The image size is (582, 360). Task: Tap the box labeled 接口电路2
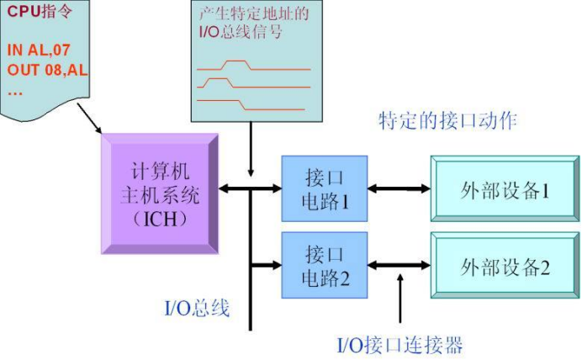[x=325, y=266]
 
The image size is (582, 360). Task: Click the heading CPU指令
[x=38, y=12]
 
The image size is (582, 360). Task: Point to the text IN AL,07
[x=38, y=50]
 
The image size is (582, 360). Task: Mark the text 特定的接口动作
[x=447, y=120]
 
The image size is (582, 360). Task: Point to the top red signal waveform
[x=252, y=65]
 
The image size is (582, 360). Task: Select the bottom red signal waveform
[x=252, y=104]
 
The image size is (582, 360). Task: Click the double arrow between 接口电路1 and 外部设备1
[x=399, y=189]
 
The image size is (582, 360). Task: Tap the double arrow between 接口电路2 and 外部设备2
[x=399, y=266]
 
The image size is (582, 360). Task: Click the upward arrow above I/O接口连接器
[x=399, y=299]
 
